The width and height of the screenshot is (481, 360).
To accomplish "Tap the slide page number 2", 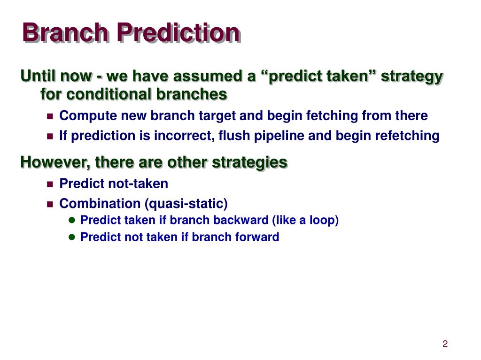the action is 445,344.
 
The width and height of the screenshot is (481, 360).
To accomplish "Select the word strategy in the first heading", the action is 412,77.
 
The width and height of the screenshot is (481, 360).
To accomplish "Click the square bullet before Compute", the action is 50,116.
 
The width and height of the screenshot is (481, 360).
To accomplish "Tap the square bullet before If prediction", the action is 50,137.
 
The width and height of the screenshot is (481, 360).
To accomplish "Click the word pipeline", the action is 279,136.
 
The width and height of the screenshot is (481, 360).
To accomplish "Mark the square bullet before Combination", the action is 50,204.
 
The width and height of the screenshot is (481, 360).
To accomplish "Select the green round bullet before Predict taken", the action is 72,220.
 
